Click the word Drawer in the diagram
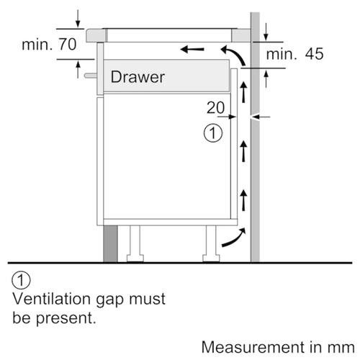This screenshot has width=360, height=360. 138,77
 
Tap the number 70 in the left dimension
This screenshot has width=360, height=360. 68,44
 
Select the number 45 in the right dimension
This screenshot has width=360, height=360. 314,54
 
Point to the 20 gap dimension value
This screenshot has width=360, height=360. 216,107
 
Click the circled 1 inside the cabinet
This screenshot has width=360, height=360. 213,132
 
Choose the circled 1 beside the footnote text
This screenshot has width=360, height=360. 21,280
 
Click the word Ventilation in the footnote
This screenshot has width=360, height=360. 53,299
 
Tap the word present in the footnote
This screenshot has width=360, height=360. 66,318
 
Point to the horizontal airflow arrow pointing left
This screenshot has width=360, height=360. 192,50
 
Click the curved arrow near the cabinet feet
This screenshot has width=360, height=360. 234,238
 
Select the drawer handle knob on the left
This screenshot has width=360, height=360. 91,76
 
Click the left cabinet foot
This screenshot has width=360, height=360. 135,244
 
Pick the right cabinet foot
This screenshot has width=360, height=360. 211,244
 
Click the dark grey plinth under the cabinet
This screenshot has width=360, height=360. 110,244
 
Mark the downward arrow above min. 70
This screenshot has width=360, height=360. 78,19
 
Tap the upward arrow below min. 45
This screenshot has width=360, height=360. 266,79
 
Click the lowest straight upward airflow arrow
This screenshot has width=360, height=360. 243,200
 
